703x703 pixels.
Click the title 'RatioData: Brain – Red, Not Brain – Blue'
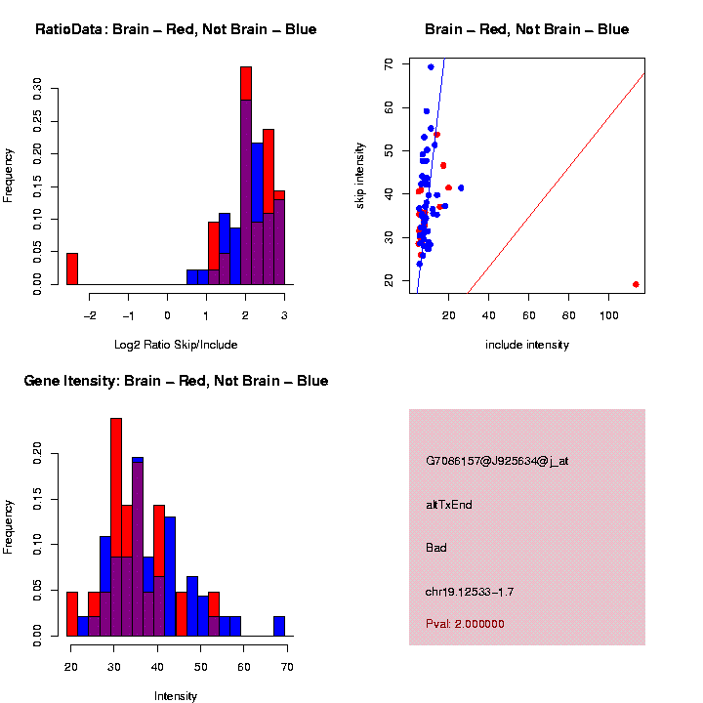[x=176, y=30]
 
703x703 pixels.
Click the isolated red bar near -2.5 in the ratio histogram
[x=72, y=269]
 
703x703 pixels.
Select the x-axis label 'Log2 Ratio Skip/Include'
[x=176, y=345]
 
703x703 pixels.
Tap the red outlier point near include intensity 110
[x=636, y=284]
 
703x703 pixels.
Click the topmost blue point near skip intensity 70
[x=431, y=67]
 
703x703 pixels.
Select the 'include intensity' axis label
[x=527, y=345]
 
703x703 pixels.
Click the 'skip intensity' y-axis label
[x=360, y=174]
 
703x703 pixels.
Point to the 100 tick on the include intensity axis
[x=608, y=314]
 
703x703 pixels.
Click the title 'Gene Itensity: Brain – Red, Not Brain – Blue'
[x=176, y=381]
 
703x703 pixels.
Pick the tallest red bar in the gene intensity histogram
[x=116, y=488]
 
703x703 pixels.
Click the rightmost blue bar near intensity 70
[x=279, y=626]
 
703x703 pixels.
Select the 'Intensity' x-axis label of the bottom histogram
[x=176, y=696]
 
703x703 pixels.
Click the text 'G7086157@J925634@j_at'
[x=497, y=461]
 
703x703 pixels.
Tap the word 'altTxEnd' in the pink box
[x=449, y=505]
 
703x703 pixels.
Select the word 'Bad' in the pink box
[x=436, y=548]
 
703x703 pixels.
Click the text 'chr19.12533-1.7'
[x=470, y=592]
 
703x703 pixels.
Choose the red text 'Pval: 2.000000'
[x=466, y=624]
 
